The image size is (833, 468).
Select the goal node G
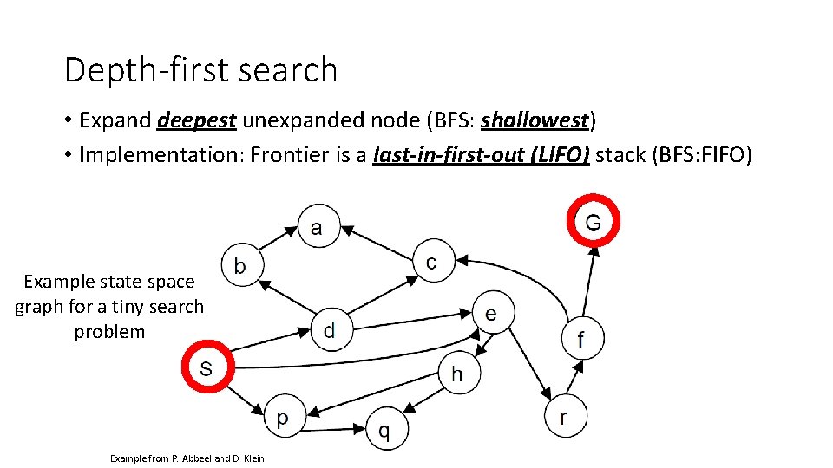(x=593, y=222)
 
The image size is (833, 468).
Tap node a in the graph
(x=317, y=227)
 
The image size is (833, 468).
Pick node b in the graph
(x=240, y=265)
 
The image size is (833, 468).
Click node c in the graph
(x=431, y=261)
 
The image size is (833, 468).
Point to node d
(x=329, y=328)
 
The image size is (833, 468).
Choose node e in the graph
(x=491, y=313)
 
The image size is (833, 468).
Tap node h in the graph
(x=457, y=374)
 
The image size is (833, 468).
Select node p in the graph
(x=283, y=418)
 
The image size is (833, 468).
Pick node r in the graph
(x=564, y=417)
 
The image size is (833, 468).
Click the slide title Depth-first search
(x=200, y=69)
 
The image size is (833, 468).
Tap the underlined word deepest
(x=197, y=120)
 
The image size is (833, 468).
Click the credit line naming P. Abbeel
(x=187, y=458)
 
